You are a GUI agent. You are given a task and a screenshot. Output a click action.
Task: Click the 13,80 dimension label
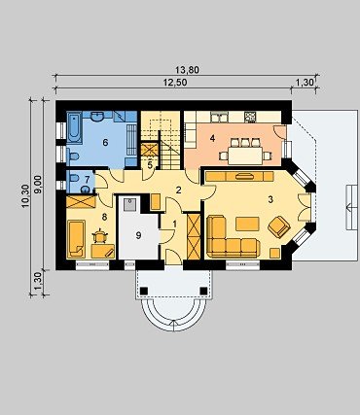point(187,70)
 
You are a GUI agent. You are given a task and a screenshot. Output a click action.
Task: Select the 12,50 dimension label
point(175,83)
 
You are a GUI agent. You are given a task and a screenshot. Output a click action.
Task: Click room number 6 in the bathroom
point(105,142)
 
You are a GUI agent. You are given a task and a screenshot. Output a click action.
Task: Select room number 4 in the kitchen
point(212,139)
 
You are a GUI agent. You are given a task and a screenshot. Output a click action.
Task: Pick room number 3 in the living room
point(270,199)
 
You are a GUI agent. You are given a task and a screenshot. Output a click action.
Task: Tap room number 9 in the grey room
point(138,235)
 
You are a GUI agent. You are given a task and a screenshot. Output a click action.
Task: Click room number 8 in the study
point(104,217)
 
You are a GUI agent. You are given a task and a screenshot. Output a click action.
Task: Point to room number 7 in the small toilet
point(87,179)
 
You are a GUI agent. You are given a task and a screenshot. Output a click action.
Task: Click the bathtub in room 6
point(74,127)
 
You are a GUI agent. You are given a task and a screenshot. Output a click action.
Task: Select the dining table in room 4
point(245,156)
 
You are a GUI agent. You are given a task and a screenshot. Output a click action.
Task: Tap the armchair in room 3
point(279,226)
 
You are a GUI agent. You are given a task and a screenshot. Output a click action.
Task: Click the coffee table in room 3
point(247,224)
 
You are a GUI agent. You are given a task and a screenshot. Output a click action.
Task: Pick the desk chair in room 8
point(100,237)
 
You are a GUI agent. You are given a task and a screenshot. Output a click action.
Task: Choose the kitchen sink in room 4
point(219,117)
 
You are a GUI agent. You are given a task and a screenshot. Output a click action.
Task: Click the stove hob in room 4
point(250,117)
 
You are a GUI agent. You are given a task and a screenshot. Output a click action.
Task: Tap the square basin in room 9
point(129,204)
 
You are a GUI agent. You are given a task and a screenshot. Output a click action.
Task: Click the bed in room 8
point(76,239)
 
